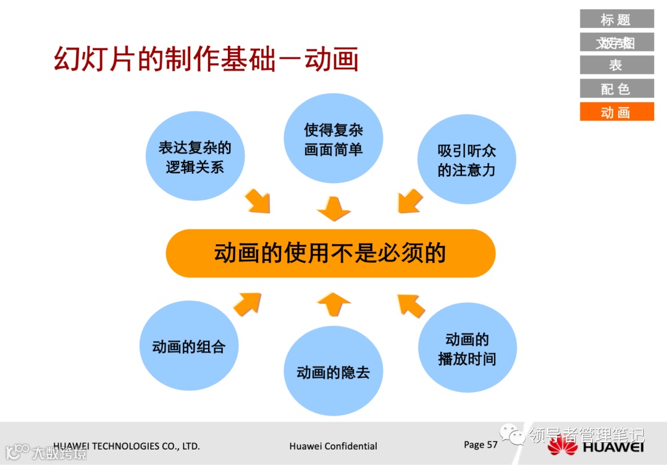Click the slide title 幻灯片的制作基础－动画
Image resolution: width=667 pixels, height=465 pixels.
coord(206,60)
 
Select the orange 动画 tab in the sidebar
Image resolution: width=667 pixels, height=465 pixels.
coord(616,112)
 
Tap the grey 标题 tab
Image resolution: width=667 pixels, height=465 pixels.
coord(616,19)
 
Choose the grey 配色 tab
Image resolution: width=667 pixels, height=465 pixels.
coord(616,88)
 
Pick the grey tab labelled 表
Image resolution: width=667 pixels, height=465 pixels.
coord(616,65)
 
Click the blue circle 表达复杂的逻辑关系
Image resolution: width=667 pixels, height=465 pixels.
coord(195,156)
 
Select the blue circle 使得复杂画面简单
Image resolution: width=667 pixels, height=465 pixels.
coord(333,139)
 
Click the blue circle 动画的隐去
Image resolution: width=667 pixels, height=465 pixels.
coord(333,372)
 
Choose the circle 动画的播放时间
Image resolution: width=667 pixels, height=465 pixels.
coord(467,348)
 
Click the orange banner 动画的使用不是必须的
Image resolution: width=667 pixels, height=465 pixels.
coord(330,254)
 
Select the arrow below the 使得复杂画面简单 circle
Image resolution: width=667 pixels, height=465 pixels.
coord(333,209)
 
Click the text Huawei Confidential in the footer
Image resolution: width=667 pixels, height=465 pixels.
coord(333,446)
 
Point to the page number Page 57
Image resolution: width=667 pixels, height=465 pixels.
coord(480,445)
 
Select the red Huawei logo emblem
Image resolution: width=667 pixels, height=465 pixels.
coord(562,446)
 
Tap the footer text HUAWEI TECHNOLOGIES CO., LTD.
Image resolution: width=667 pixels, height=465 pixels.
coord(127,446)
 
